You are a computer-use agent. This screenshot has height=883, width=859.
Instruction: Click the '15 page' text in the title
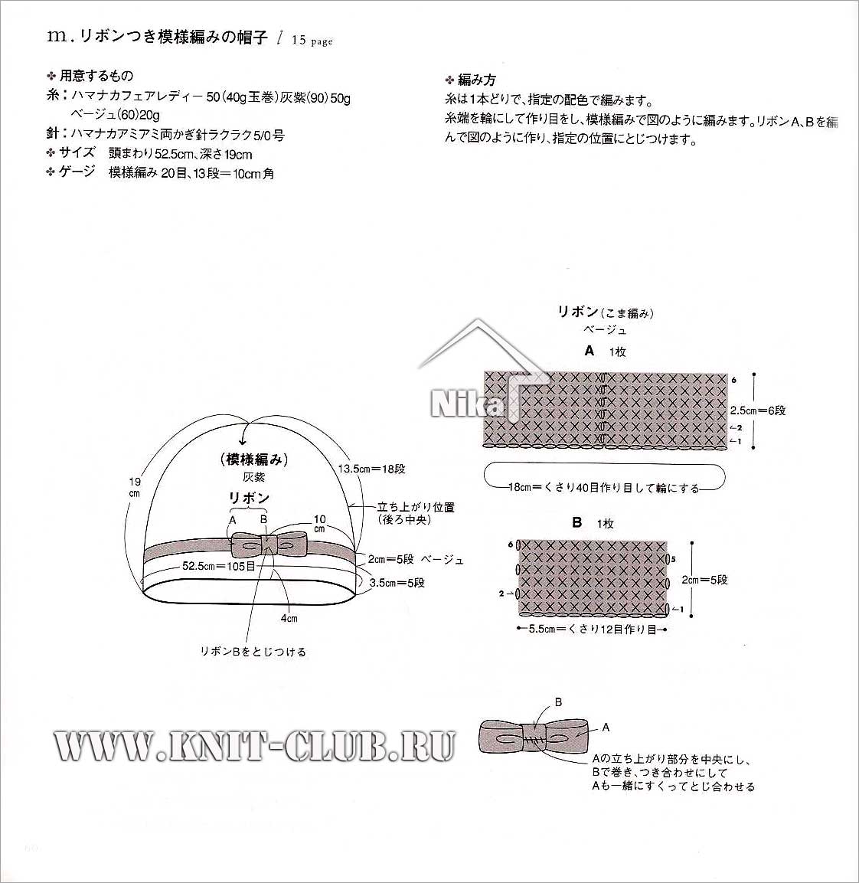(312, 40)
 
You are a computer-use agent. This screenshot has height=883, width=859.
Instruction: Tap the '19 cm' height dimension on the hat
(135, 488)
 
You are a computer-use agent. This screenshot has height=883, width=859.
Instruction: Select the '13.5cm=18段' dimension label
(371, 469)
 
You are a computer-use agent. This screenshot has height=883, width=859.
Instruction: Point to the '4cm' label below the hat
(289, 618)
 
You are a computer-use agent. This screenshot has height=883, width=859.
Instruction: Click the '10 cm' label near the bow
(320, 524)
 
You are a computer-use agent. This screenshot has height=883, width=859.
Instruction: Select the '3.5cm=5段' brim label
(397, 583)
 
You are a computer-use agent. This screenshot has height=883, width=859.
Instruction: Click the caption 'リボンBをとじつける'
(253, 652)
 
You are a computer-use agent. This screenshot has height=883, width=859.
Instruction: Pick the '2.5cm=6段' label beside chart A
(758, 410)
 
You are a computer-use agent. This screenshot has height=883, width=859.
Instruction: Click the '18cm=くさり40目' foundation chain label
(604, 488)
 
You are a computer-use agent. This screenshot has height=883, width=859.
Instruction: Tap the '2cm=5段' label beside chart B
(705, 580)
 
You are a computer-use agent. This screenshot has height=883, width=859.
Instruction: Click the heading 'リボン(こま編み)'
(606, 312)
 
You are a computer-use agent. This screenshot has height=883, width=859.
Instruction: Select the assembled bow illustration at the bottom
(533, 735)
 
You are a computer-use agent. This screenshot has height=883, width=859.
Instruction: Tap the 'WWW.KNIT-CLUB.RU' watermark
(254, 746)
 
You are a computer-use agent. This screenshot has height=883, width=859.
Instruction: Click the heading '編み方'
(477, 80)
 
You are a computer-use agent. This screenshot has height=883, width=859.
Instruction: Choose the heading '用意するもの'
(96, 76)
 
